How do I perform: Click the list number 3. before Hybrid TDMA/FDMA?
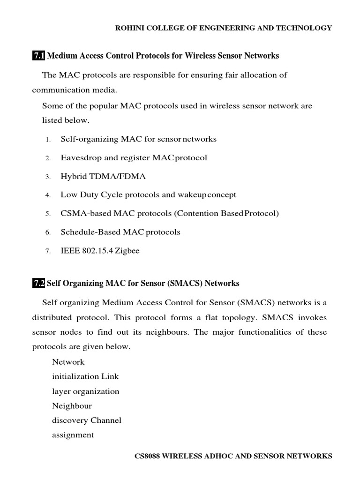[48, 177]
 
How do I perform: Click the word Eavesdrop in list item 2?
[79, 157]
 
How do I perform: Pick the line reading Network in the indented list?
[68, 362]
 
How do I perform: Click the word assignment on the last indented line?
[73, 435]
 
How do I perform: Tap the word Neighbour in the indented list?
[72, 406]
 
